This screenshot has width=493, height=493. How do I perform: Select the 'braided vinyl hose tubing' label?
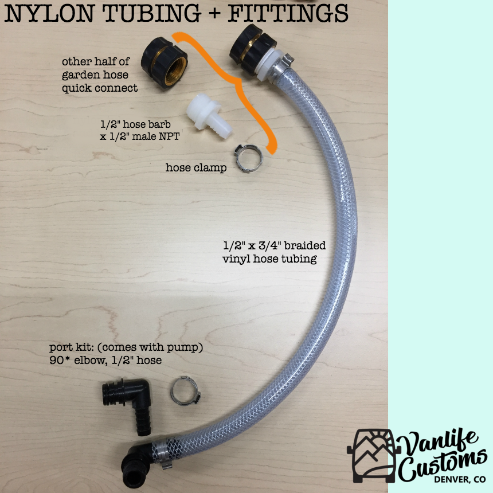[x=274, y=252]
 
